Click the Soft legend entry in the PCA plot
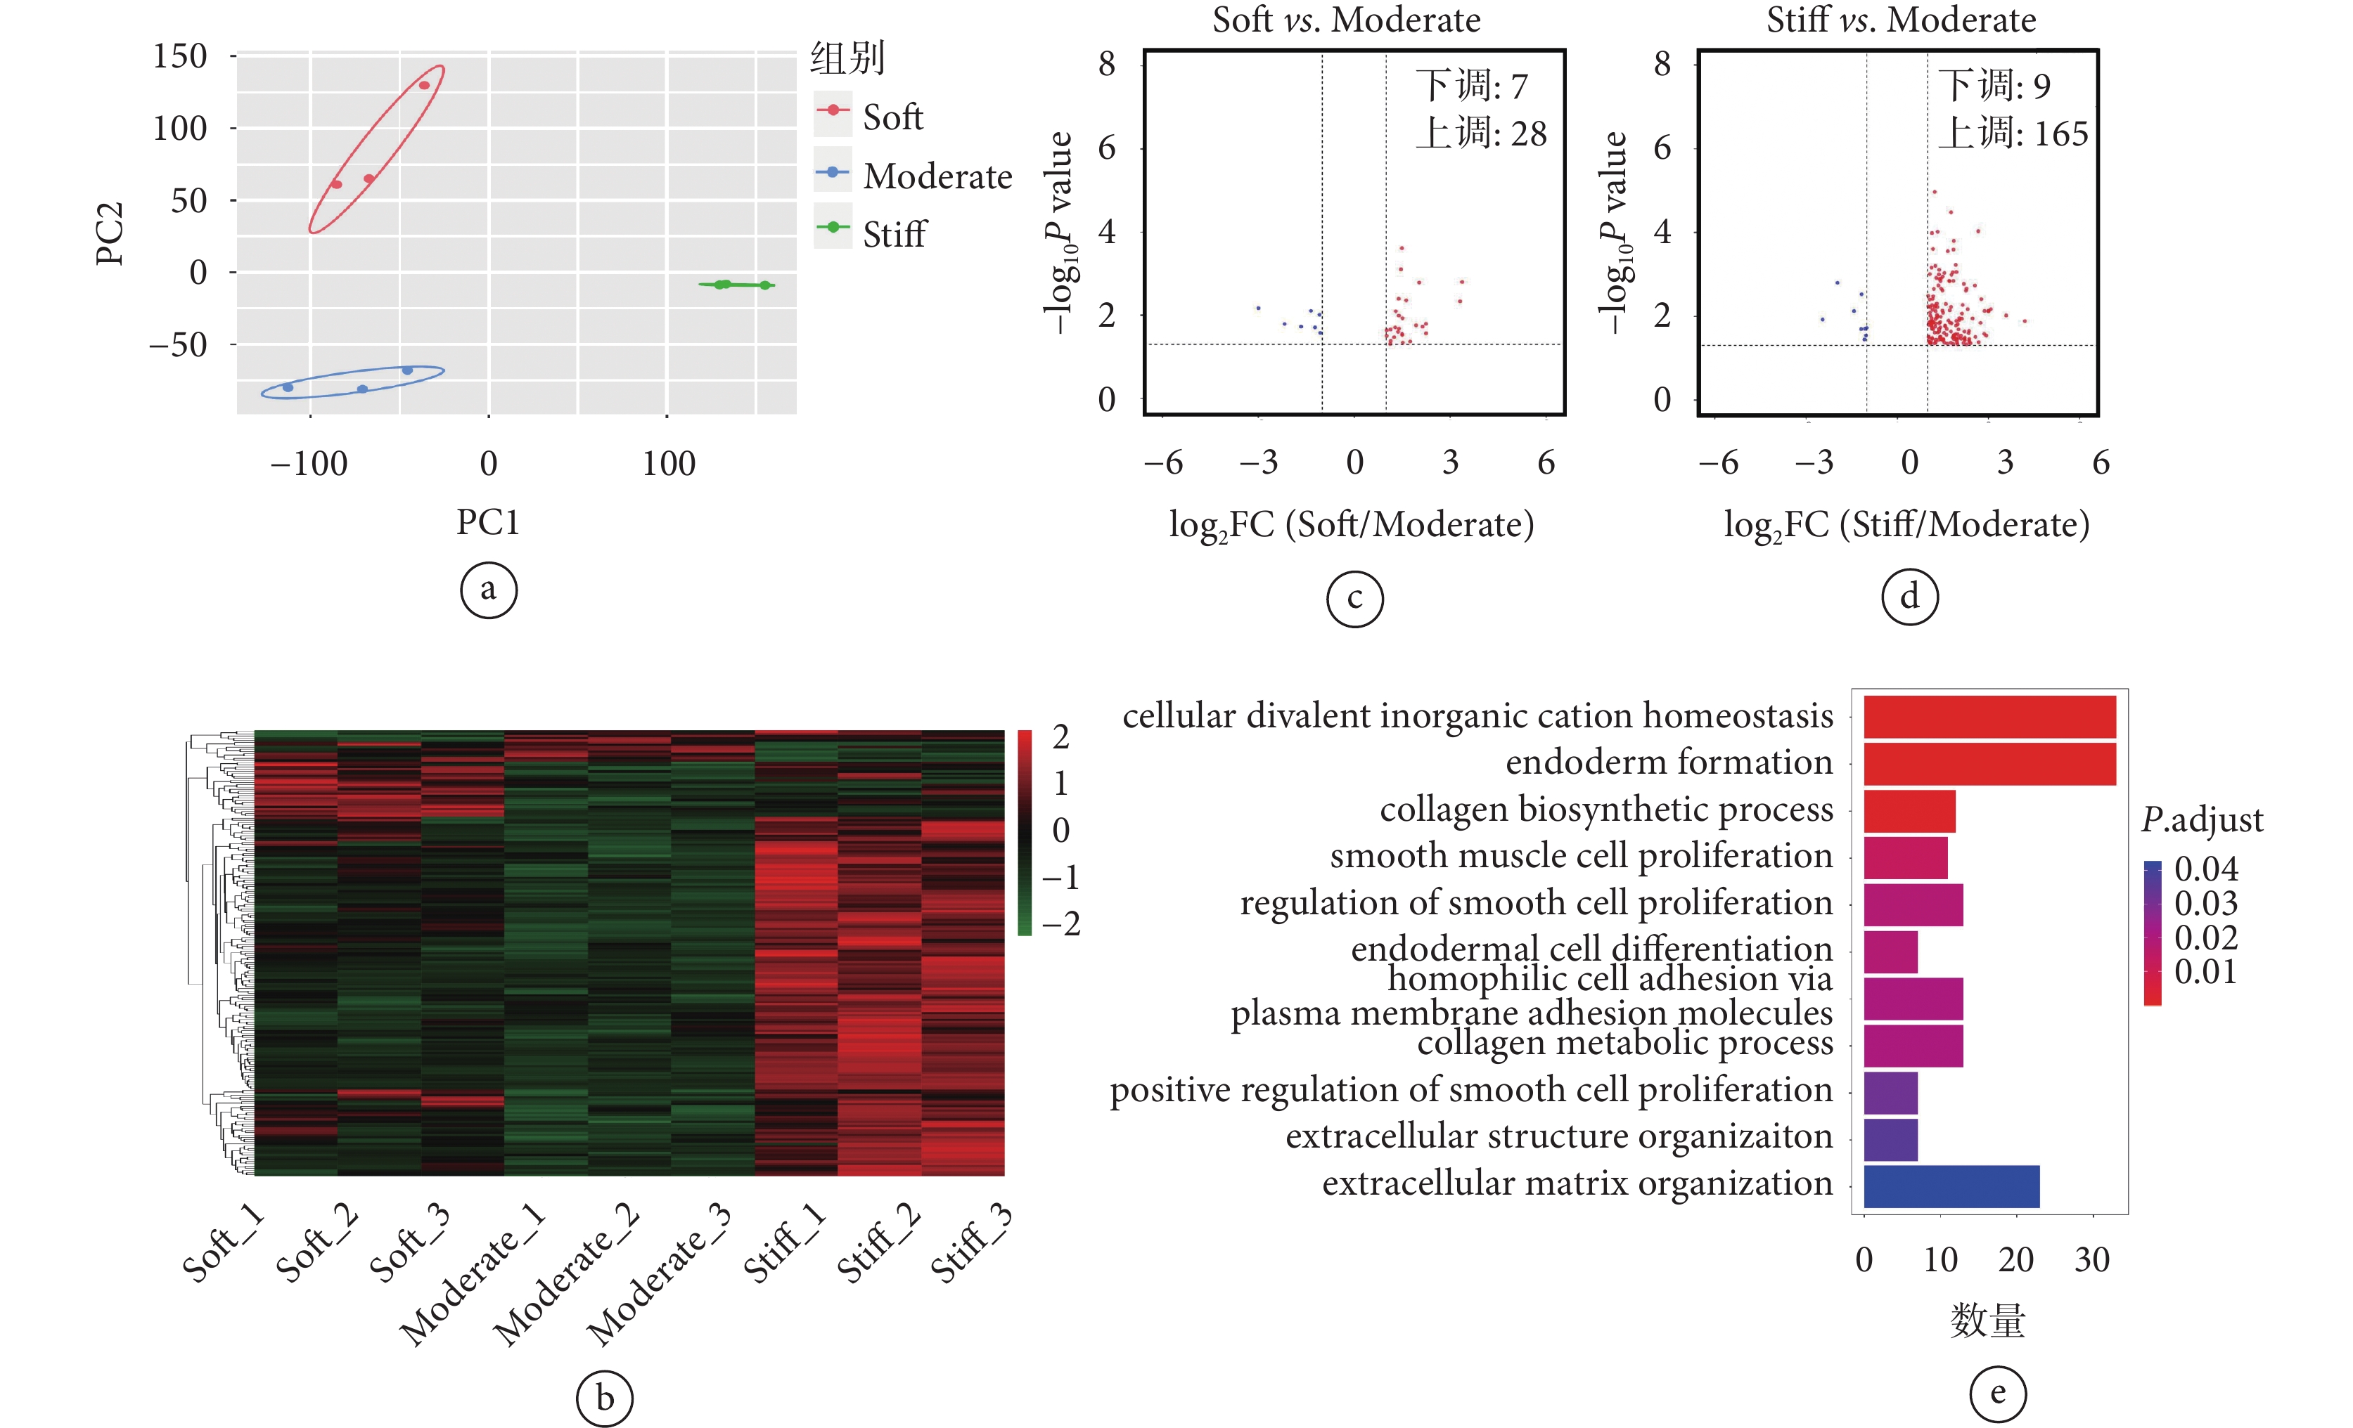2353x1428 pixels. pos(892,117)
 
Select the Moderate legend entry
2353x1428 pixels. pos(936,176)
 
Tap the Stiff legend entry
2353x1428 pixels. pos(893,235)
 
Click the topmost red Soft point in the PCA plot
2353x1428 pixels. pos(424,86)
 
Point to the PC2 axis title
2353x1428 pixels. pos(110,234)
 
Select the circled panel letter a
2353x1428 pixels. pos(488,590)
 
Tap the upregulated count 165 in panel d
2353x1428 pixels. pos(2060,134)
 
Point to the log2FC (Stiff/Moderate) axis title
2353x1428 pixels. pos(1906,525)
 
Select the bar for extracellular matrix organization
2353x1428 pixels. pos(1951,1186)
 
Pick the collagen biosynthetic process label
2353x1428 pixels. pos(1606,810)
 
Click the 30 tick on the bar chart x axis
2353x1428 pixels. pos(2091,1260)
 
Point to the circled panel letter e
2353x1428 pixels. pos(1998,1393)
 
